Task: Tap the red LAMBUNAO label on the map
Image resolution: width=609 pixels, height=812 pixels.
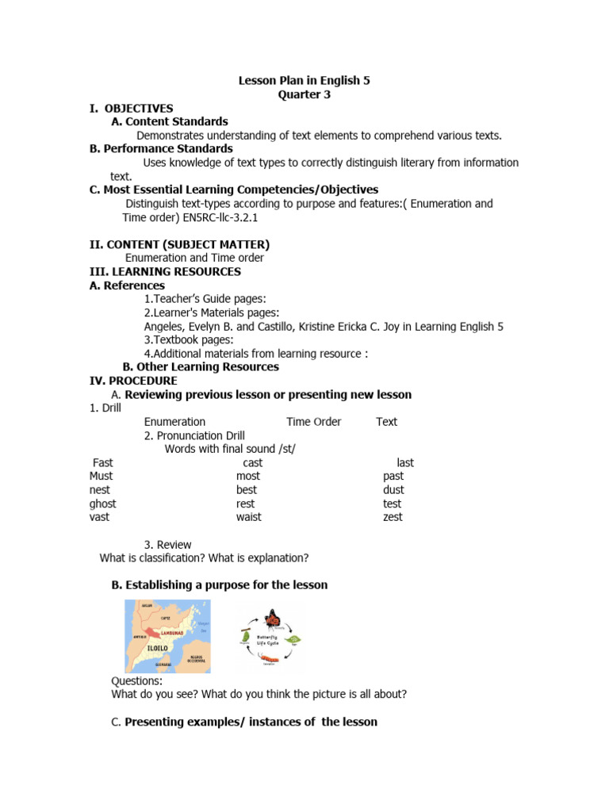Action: click(173, 634)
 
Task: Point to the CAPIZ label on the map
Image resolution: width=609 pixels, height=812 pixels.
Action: click(165, 617)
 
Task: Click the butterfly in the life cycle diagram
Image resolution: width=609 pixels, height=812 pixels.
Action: click(274, 617)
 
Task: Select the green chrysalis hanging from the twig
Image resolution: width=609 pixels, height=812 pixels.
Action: click(245, 637)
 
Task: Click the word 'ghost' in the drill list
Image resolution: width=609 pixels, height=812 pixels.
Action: click(103, 504)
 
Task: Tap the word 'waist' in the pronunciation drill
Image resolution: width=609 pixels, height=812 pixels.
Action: click(248, 517)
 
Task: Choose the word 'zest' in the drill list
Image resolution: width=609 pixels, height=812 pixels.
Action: click(393, 517)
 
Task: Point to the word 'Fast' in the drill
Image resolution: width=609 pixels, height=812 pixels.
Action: click(103, 462)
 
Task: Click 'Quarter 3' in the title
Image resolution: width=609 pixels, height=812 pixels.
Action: click(304, 94)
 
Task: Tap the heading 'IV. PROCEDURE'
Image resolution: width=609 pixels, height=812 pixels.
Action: click(133, 381)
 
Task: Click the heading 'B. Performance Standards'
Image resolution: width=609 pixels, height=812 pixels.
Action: click(161, 148)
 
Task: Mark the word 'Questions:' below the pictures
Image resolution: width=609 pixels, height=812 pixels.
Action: click(137, 680)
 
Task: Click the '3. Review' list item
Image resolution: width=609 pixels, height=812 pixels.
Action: click(167, 544)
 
